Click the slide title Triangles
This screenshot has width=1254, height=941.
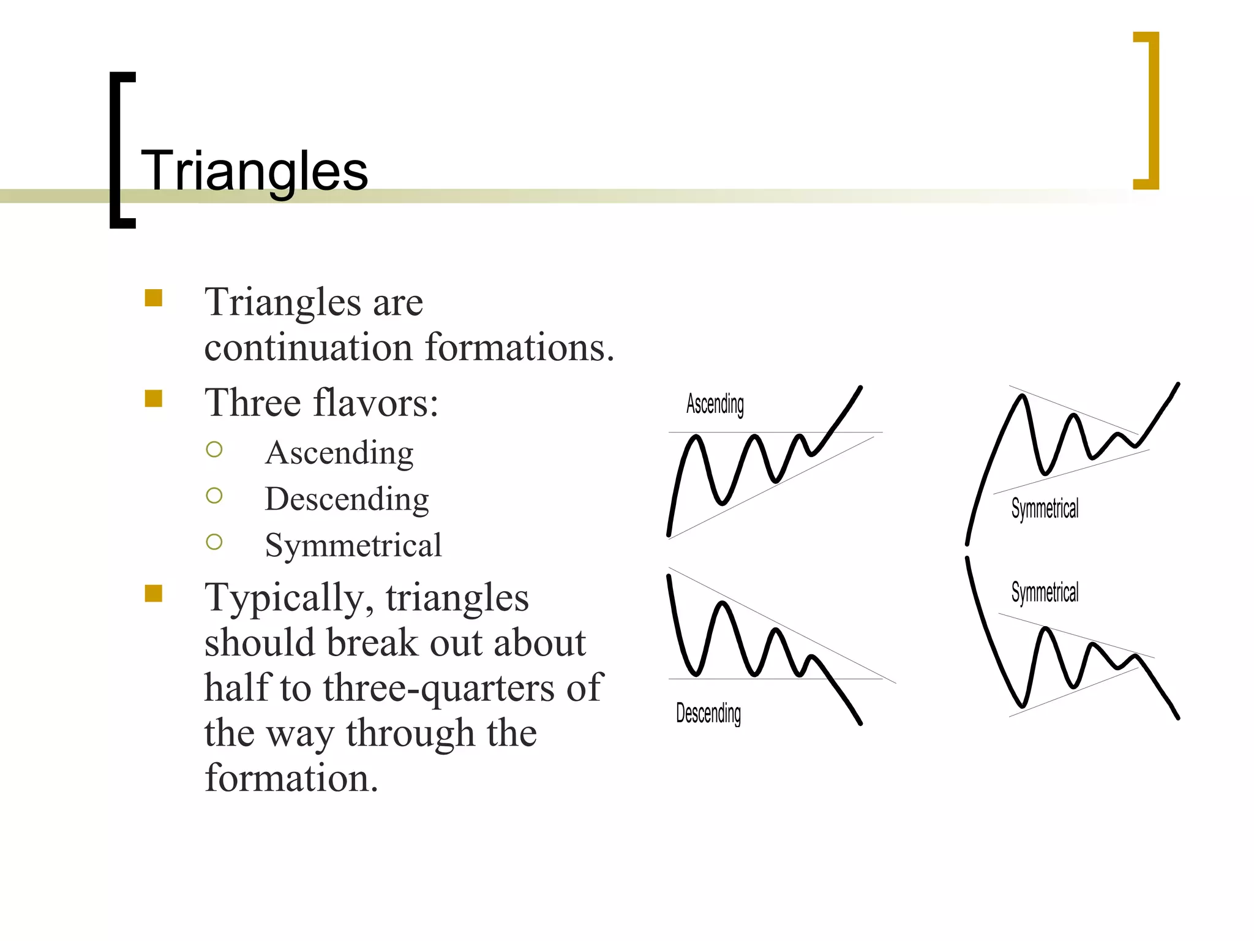pyautogui.click(x=254, y=171)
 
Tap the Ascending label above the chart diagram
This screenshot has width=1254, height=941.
pyautogui.click(x=715, y=404)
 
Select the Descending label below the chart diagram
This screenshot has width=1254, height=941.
pyautogui.click(x=708, y=713)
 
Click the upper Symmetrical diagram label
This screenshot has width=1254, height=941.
pyautogui.click(x=1045, y=508)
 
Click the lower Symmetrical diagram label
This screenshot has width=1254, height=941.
pyautogui.click(x=1045, y=592)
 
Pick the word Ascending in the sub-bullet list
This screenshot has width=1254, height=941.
pyautogui.click(x=339, y=453)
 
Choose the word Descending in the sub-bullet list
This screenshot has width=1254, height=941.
pyautogui.click(x=347, y=499)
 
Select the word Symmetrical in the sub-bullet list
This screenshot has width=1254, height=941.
pyautogui.click(x=353, y=545)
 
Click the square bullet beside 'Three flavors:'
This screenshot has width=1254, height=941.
pyautogui.click(x=154, y=399)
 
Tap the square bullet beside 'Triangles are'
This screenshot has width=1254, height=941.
pyautogui.click(x=154, y=298)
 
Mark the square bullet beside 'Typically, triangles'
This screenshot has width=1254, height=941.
pyautogui.click(x=154, y=593)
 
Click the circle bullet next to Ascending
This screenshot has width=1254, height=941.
pyautogui.click(x=214, y=450)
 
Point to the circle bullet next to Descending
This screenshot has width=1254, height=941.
pyautogui.click(x=214, y=496)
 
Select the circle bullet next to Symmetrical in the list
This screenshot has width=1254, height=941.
pyautogui.click(x=214, y=542)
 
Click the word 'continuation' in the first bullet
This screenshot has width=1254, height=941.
pyautogui.click(x=309, y=347)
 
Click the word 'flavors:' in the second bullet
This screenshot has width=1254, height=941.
pyautogui.click(x=376, y=403)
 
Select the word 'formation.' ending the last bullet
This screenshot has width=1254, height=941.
pyautogui.click(x=291, y=778)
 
